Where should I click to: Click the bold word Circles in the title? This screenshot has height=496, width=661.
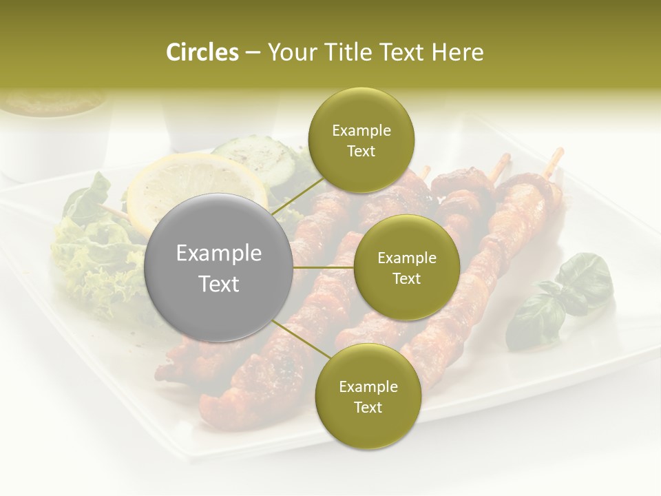click(202, 52)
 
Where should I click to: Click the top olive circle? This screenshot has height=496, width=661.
click(361, 141)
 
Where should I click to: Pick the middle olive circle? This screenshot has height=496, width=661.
click(406, 267)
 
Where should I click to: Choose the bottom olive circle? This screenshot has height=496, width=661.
click(368, 396)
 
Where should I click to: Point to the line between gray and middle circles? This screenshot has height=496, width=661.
click(324, 267)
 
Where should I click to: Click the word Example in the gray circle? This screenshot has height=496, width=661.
click(219, 254)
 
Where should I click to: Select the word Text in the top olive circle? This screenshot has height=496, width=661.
click(361, 152)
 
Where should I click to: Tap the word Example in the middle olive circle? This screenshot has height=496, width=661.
click(406, 258)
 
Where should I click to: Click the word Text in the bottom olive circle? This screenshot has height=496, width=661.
click(368, 407)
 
